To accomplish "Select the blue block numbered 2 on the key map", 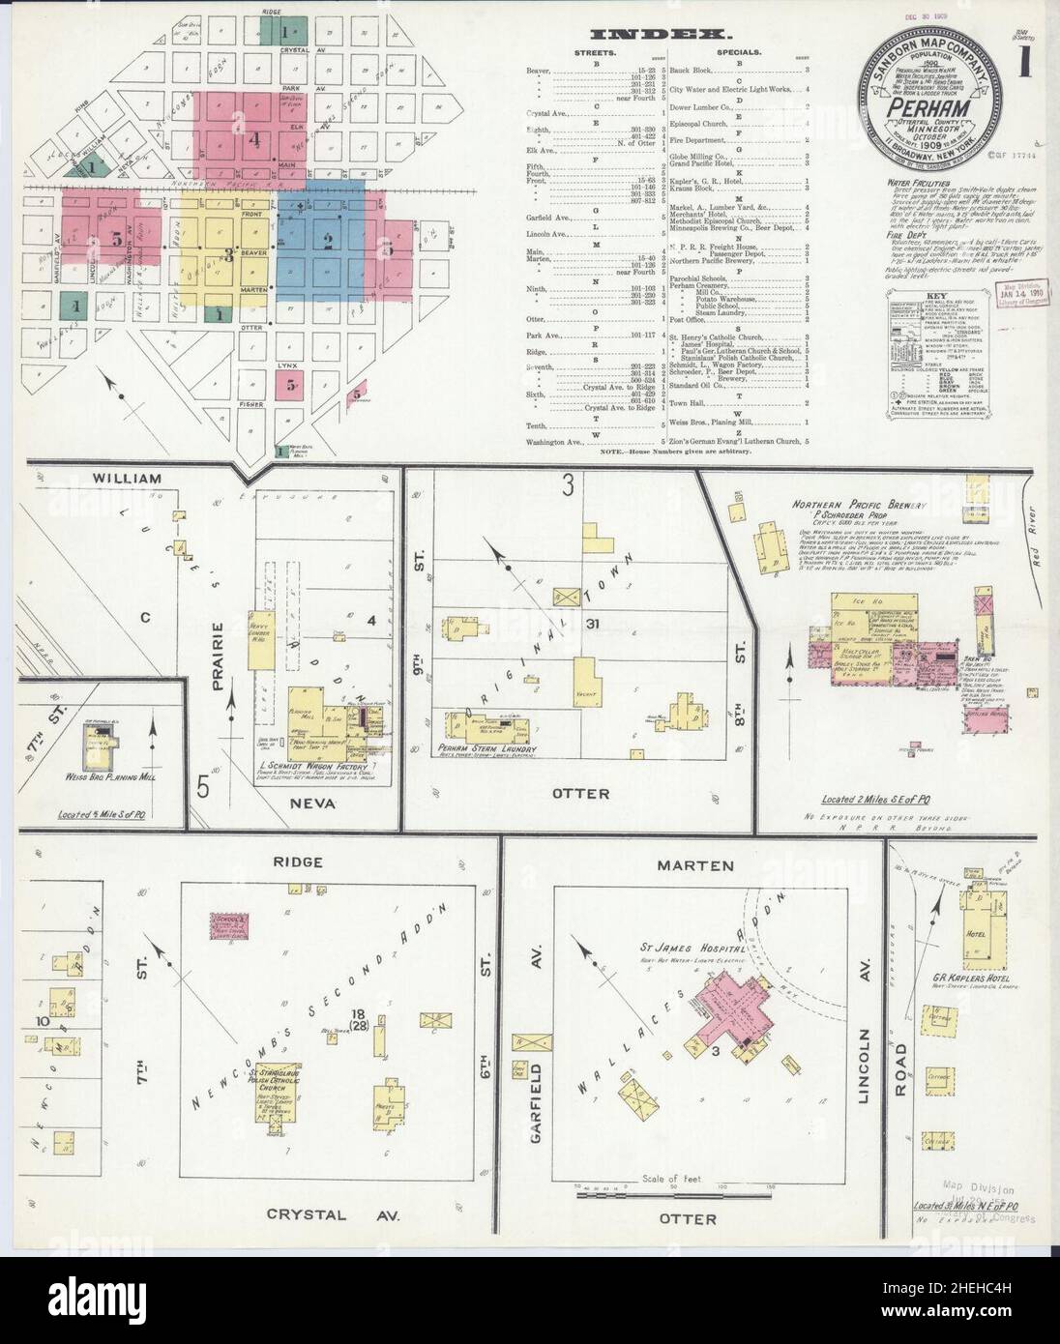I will pos(327,242).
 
